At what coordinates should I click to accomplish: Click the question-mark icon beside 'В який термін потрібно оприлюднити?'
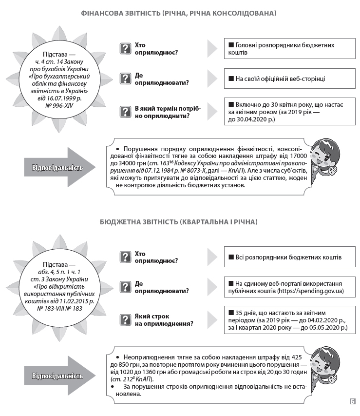click(x=126, y=112)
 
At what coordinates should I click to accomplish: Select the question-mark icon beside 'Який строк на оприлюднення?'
click(x=126, y=319)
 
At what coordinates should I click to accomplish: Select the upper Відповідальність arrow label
click(x=57, y=168)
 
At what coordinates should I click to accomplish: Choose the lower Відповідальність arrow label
click(x=57, y=376)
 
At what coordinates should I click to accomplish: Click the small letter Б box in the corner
click(x=352, y=401)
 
